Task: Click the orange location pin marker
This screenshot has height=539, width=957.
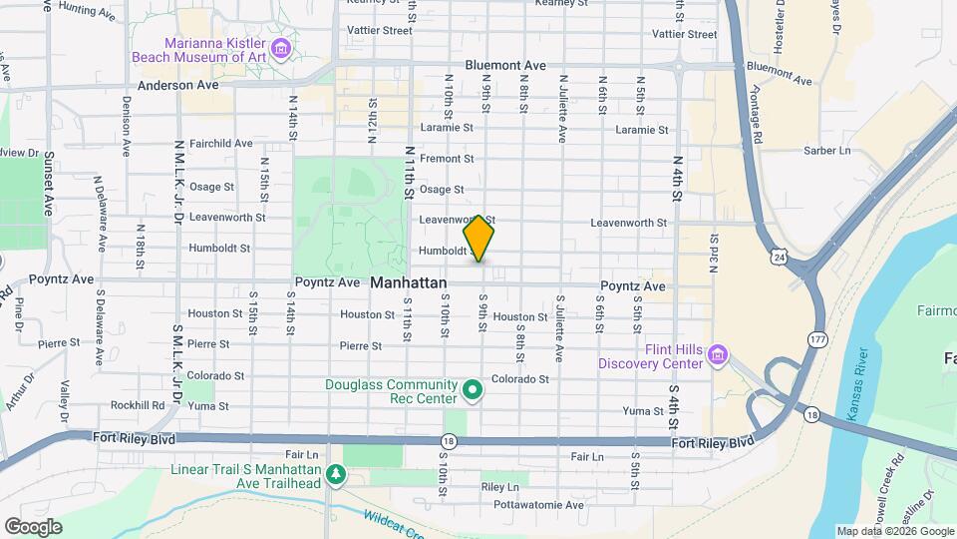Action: pyautogui.click(x=479, y=239)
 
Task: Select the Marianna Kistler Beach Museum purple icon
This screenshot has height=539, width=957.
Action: pyautogui.click(x=281, y=48)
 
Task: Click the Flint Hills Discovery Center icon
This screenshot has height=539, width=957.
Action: pyautogui.click(x=717, y=355)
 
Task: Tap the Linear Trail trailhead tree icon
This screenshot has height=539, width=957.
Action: pyautogui.click(x=337, y=476)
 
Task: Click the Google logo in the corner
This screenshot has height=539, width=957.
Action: pyautogui.click(x=33, y=527)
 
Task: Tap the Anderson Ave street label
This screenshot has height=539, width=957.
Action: pyautogui.click(x=177, y=86)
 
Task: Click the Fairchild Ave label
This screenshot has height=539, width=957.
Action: pyautogui.click(x=220, y=143)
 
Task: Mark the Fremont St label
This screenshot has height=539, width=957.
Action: pyautogui.click(x=446, y=159)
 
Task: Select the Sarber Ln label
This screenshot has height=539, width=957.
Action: pyautogui.click(x=827, y=151)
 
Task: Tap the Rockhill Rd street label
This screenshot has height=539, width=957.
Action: pyautogui.click(x=138, y=405)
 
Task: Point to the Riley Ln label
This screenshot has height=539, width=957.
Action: pyautogui.click(x=499, y=487)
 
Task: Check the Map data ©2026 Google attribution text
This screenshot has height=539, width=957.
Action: pyautogui.click(x=894, y=531)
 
